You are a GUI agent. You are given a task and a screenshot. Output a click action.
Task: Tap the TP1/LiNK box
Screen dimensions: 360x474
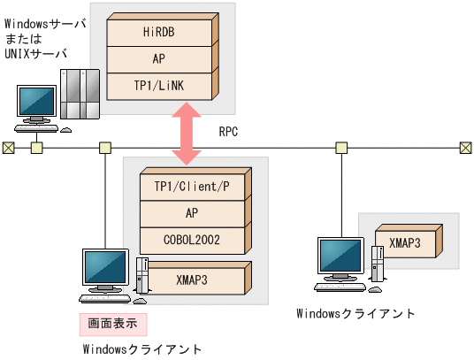pyautogui.click(x=159, y=85)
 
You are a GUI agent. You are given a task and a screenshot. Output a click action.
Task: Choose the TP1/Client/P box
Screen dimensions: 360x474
pyautogui.click(x=192, y=187)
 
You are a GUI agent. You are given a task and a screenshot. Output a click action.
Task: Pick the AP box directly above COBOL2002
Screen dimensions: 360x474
pyautogui.click(x=192, y=213)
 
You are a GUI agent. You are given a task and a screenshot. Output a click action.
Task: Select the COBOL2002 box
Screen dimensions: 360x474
pyautogui.click(x=192, y=239)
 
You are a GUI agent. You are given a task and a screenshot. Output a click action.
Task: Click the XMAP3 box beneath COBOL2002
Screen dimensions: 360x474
pyautogui.click(x=192, y=280)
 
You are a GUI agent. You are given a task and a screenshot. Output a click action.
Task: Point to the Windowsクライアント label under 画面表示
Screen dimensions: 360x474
pyautogui.click(x=141, y=349)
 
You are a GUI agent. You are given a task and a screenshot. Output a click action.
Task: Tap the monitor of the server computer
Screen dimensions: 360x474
pyautogui.click(x=38, y=99)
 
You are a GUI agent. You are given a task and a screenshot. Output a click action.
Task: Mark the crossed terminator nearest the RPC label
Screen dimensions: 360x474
pyautogui.click(x=466, y=147)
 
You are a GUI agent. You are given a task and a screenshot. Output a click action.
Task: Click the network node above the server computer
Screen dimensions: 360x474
pyautogui.click(x=37, y=147)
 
